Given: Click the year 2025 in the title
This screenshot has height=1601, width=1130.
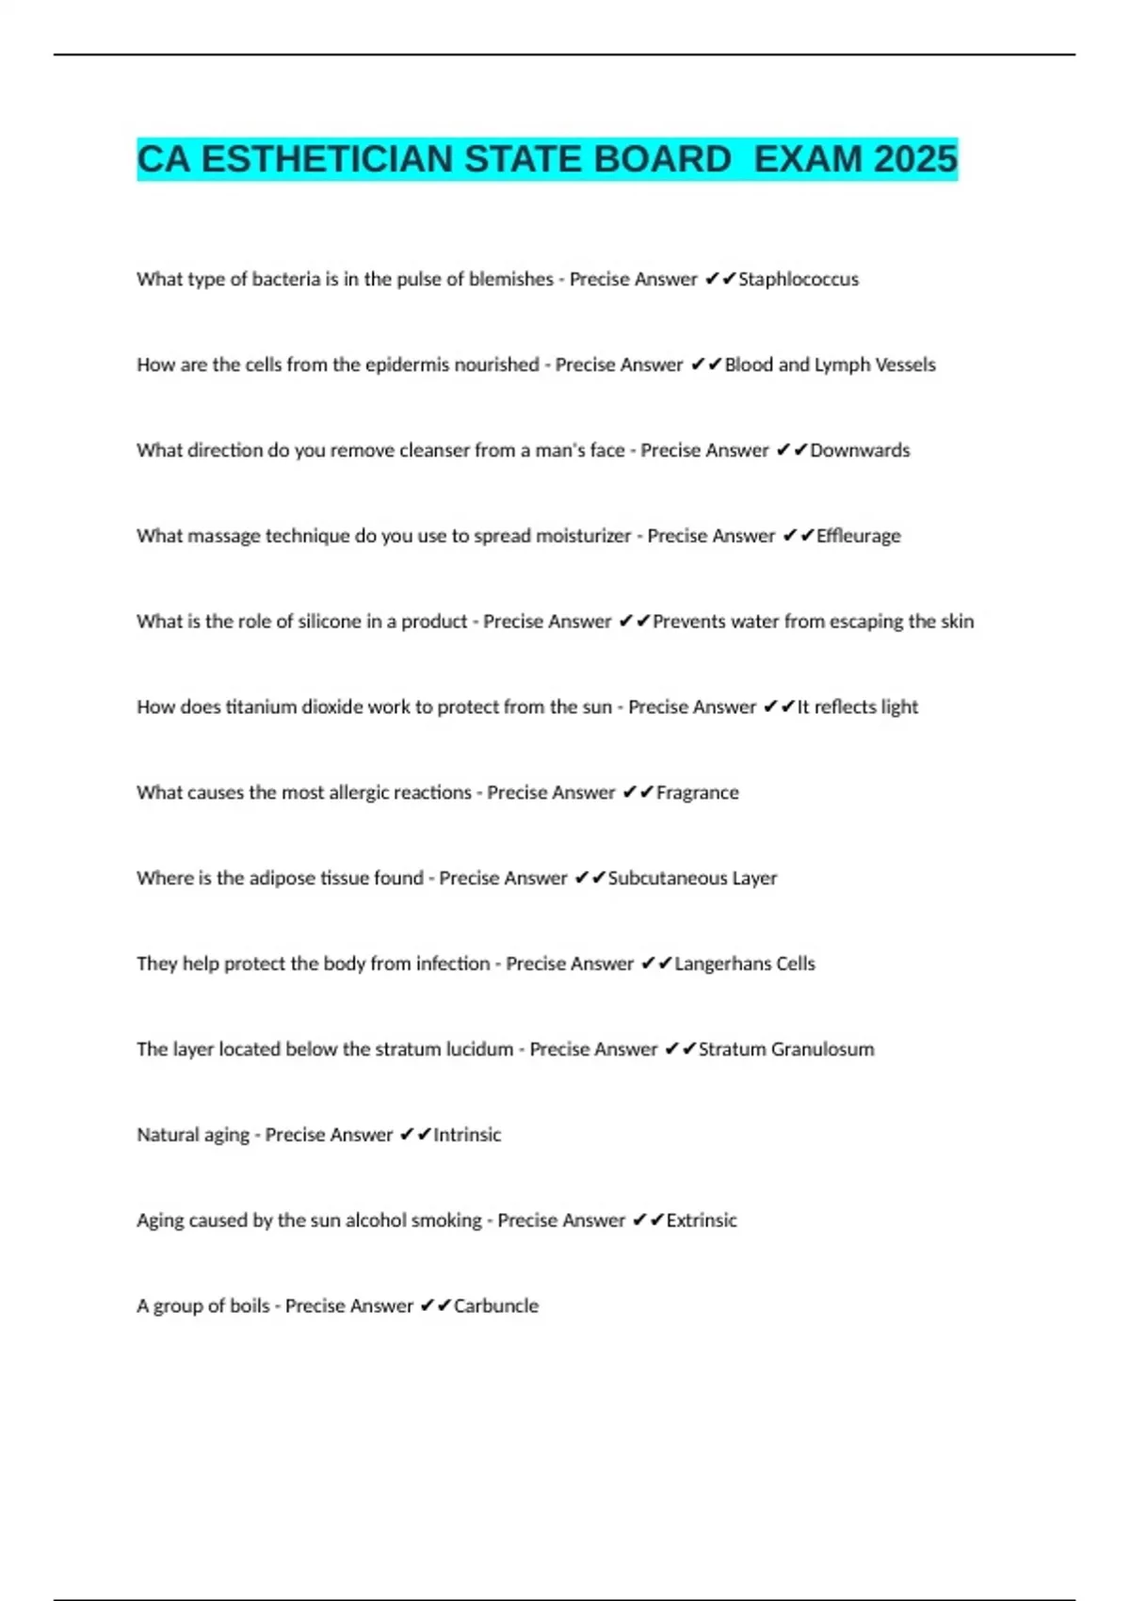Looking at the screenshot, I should tap(915, 159).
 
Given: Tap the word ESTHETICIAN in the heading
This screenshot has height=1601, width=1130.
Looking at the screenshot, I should tap(328, 159).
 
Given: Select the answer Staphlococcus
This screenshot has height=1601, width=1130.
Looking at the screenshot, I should tap(799, 280).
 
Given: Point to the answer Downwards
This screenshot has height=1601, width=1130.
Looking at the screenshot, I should tap(860, 451).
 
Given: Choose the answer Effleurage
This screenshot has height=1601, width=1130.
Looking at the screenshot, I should tap(858, 536).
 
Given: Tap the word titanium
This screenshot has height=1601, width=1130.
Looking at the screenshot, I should tap(261, 707).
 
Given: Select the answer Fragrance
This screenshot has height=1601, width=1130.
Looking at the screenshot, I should tap(697, 793).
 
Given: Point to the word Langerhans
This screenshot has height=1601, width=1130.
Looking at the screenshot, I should tap(721, 964).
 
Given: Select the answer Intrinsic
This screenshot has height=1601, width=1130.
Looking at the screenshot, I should tap(467, 1135).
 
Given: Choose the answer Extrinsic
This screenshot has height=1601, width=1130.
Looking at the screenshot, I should tap(702, 1221).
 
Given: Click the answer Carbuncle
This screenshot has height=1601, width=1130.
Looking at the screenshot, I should tap(496, 1306).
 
